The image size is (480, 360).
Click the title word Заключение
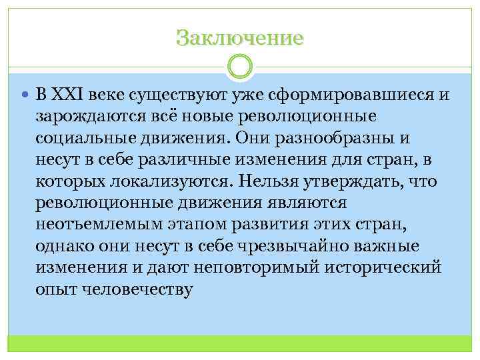(240, 37)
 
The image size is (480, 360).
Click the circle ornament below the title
(240, 67)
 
